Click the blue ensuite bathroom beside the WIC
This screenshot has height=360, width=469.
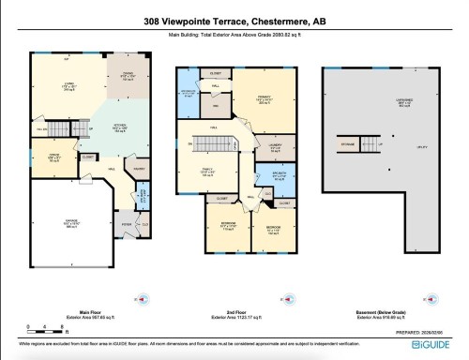(x=188, y=94)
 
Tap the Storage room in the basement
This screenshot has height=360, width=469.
(x=348, y=145)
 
